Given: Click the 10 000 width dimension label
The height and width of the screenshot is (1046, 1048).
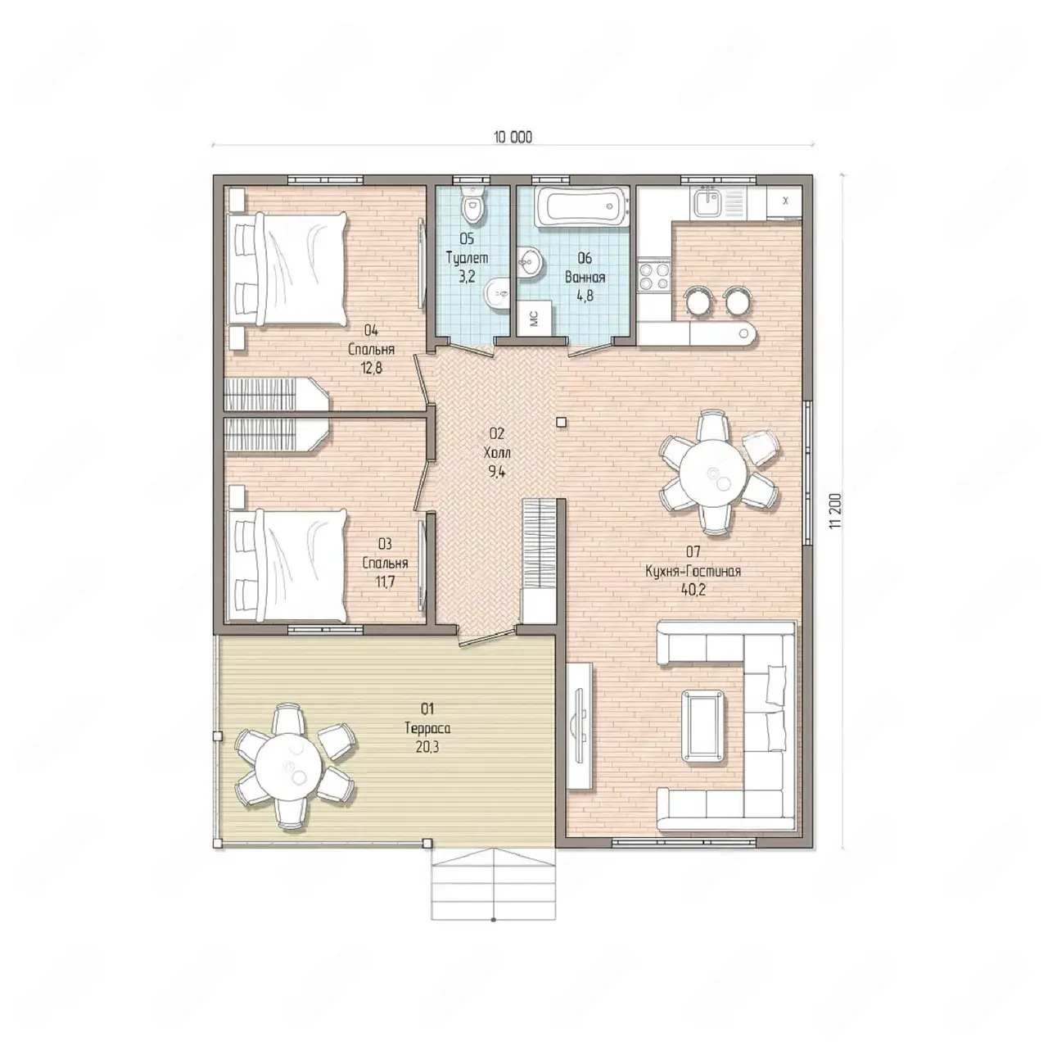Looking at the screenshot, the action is click(x=513, y=137).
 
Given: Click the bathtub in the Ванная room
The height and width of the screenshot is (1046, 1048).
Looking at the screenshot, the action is click(x=582, y=207).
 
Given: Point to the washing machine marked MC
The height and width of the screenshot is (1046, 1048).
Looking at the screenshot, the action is click(x=535, y=317).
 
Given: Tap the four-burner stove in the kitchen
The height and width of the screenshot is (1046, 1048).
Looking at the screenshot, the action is click(x=655, y=275).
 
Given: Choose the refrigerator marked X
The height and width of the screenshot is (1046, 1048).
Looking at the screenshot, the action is click(x=784, y=202).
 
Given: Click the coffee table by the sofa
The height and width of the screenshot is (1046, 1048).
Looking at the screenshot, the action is click(x=704, y=726).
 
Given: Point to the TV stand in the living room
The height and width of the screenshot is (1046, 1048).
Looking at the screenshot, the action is click(x=579, y=726).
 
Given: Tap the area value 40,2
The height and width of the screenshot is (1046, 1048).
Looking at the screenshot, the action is click(x=693, y=591).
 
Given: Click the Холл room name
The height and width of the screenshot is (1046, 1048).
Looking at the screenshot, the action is click(x=497, y=453).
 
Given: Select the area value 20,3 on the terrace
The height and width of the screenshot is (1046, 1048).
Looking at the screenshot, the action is click(x=427, y=747).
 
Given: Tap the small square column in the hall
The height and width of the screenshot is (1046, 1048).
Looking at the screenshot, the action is click(x=562, y=422).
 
